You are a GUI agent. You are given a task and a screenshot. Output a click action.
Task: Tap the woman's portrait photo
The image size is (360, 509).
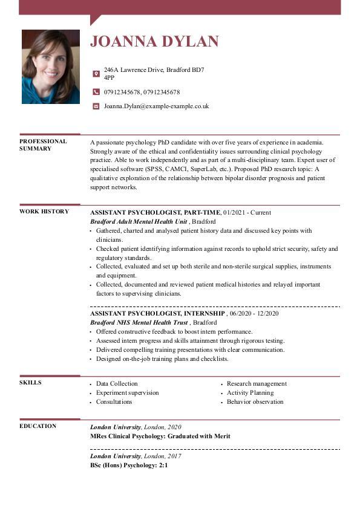point(51,66)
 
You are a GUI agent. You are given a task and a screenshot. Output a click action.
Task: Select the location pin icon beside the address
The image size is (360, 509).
point(96,74)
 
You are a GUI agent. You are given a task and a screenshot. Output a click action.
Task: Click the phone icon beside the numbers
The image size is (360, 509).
point(96,92)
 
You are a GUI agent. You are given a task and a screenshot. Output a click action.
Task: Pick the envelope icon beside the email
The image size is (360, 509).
point(96,106)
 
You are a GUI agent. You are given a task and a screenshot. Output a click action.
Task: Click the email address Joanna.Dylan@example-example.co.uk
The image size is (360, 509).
point(156,106)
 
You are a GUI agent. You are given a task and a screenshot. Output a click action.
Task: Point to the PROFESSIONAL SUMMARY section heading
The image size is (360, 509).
point(43,145)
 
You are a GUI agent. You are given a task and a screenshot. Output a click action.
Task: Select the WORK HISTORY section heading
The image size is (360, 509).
point(44,212)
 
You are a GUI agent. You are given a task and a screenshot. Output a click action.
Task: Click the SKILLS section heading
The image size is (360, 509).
point(30,383)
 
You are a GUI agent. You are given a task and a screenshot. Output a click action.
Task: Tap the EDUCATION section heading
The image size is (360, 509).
point(38,426)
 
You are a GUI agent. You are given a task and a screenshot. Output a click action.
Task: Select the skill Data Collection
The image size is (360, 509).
point(117,384)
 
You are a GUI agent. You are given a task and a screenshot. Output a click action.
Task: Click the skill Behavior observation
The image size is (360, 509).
point(255,402)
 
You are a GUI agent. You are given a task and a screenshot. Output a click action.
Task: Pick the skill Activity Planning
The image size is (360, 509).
point(250,393)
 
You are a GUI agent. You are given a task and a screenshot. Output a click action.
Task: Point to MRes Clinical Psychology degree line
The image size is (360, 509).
point(160,436)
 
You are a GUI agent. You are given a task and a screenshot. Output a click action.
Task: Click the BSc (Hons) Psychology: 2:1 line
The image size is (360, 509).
point(129,466)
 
